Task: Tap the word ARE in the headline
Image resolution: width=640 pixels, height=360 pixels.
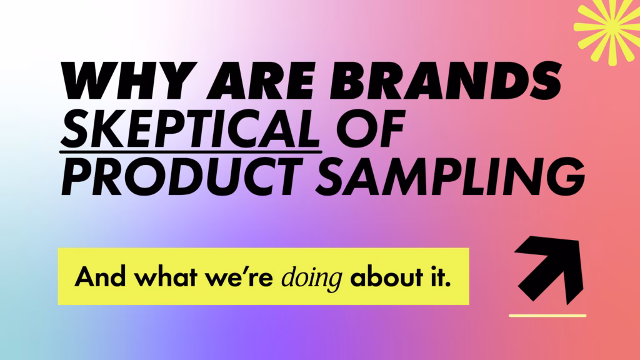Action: (x=261, y=81)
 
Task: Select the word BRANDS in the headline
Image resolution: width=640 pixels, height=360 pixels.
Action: (x=445, y=81)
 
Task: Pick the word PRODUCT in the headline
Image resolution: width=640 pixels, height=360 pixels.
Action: (x=182, y=176)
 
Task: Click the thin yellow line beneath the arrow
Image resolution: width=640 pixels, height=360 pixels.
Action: (x=547, y=316)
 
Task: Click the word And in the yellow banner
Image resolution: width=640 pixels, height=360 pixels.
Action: (x=100, y=276)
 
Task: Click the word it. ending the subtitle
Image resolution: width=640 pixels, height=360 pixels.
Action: (x=441, y=276)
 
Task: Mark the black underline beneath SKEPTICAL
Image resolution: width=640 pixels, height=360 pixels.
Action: (x=191, y=152)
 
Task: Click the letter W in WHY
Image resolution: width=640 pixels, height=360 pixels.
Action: (x=88, y=81)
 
